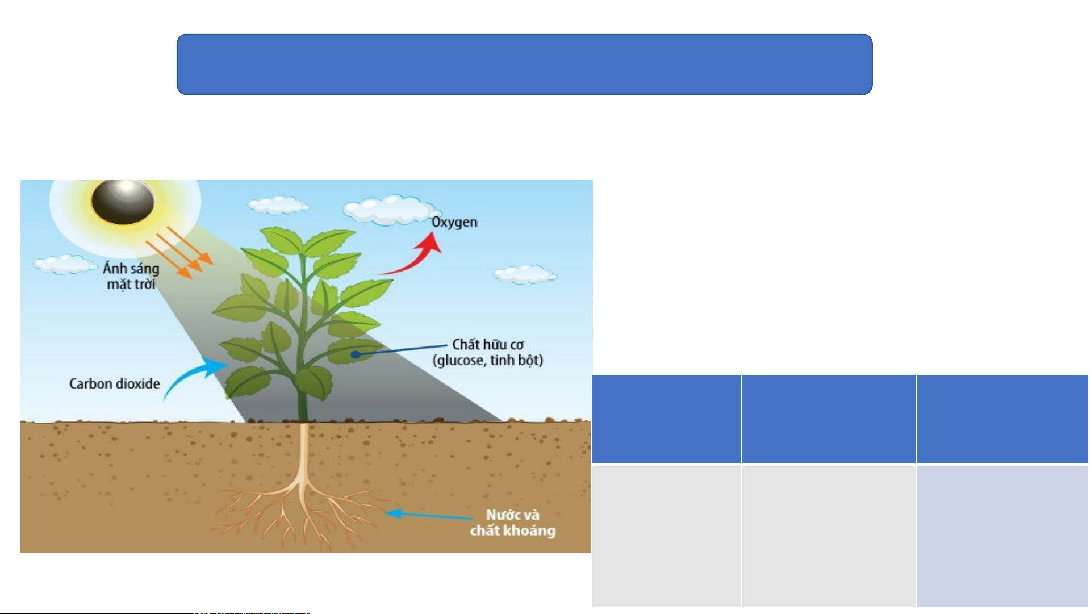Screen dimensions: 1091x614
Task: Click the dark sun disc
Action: point(123,203)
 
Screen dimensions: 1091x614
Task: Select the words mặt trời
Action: point(131,284)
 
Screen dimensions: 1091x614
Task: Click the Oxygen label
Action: point(454,222)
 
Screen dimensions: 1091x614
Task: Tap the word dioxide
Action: point(137,384)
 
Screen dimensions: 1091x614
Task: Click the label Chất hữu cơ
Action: point(488,344)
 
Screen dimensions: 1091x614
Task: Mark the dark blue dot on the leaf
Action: point(355,354)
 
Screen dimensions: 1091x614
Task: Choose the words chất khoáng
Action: point(512,531)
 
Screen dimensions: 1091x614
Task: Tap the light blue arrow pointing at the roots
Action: point(429,515)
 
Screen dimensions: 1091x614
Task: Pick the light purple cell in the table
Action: point(1002,536)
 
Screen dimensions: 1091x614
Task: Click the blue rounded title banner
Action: point(524,64)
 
